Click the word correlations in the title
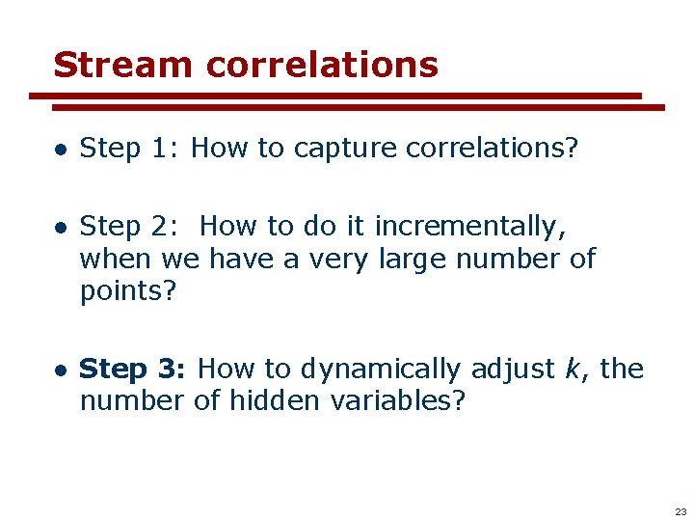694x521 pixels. point(322,65)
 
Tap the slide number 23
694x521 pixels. point(681,511)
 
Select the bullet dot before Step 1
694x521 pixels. point(60,149)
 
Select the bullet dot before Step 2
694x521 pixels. point(60,228)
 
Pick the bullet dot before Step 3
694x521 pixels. point(60,370)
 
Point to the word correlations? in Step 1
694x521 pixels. point(492,148)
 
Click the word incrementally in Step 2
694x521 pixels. point(469,227)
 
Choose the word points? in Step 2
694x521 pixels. point(128,291)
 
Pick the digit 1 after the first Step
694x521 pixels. point(160,148)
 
